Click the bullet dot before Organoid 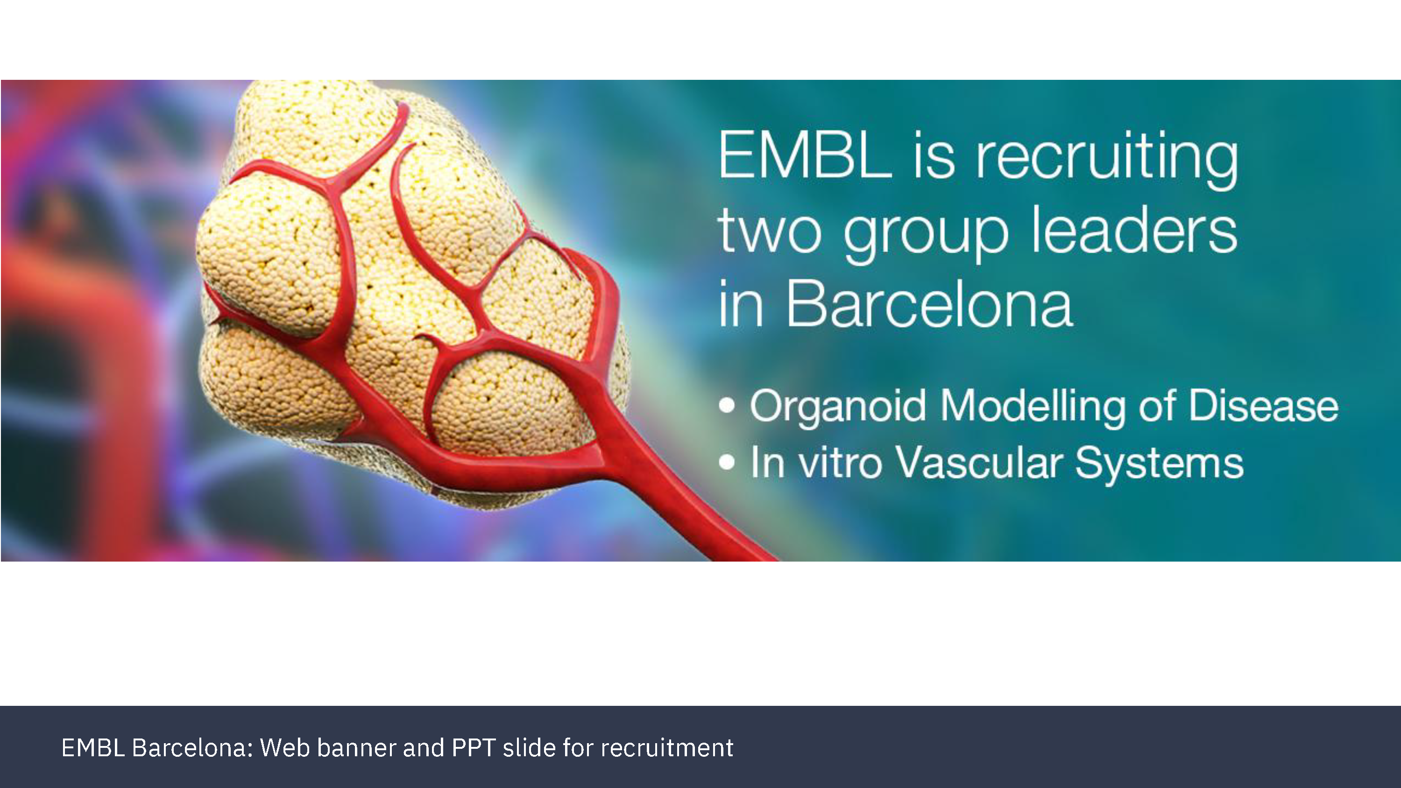[x=727, y=406]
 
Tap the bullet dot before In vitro [x=727, y=462]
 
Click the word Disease [x=1263, y=406]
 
